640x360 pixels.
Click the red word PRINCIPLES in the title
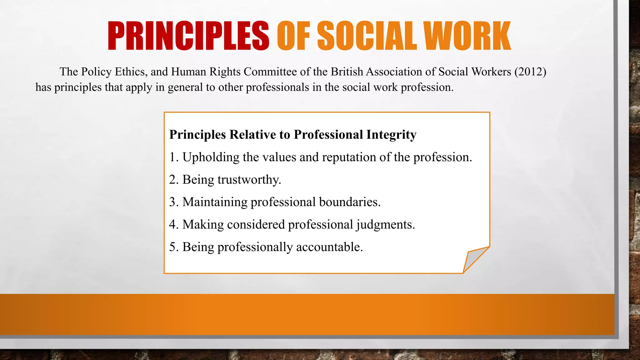pos(188,36)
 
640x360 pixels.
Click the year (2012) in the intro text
pos(530,72)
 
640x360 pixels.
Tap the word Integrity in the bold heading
pos(391,135)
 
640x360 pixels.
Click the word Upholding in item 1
pos(211,157)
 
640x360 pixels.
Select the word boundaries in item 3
pos(350,202)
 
